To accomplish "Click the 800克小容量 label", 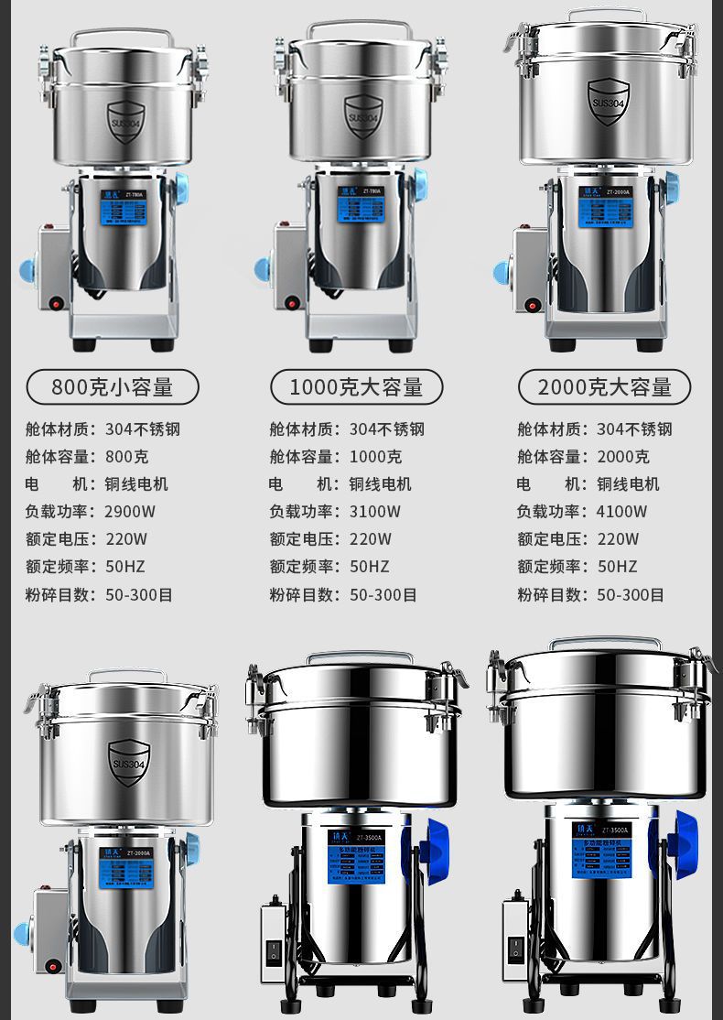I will (113, 387).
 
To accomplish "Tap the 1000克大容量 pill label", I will (357, 387).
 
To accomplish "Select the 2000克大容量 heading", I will (605, 387).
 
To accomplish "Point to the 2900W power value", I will (131, 512).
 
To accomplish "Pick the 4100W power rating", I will (622, 512).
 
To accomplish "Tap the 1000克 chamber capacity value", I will (375, 457).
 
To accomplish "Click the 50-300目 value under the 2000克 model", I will (631, 595).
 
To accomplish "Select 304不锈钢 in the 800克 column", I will (143, 429).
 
